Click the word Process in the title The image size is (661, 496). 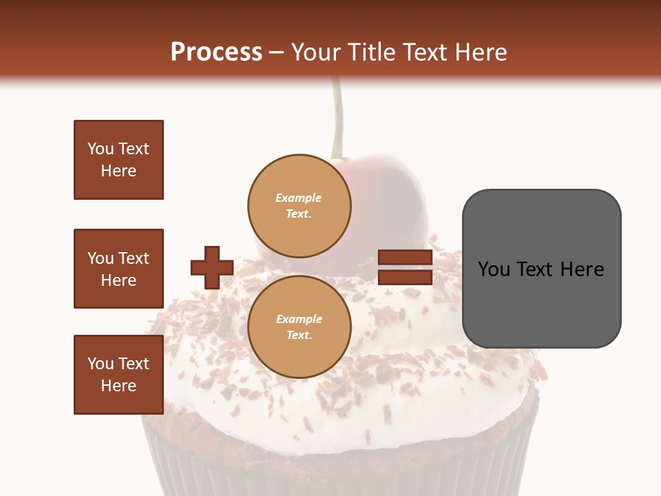tap(216, 52)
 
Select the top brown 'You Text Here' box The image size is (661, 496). tap(118, 160)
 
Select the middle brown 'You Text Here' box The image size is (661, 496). tap(118, 269)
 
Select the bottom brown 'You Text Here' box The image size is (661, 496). tap(118, 375)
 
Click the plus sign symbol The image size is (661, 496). tap(212, 267)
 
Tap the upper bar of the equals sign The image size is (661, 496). tap(405, 258)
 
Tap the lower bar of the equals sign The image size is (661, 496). tap(405, 277)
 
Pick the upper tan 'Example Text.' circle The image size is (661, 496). tap(299, 205)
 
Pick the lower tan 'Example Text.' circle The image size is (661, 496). tap(299, 327)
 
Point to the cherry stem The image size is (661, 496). tap(337, 117)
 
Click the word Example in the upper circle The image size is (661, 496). tap(299, 198)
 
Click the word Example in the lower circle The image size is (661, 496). tap(299, 319)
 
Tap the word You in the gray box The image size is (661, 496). tap(494, 269)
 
